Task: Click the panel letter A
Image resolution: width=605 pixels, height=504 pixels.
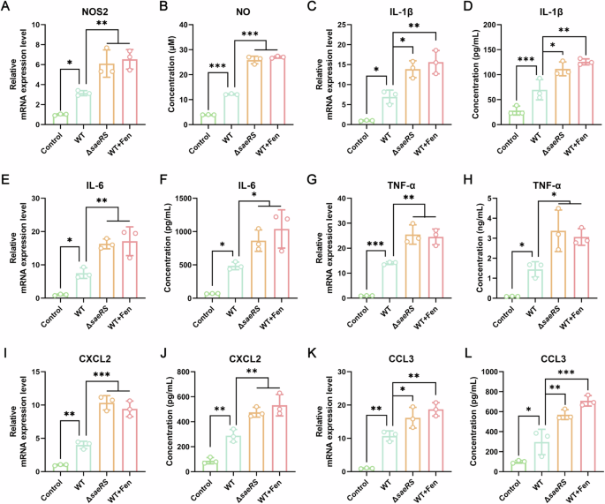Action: (6, 7)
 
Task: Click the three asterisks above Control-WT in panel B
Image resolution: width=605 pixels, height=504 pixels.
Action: (219, 67)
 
